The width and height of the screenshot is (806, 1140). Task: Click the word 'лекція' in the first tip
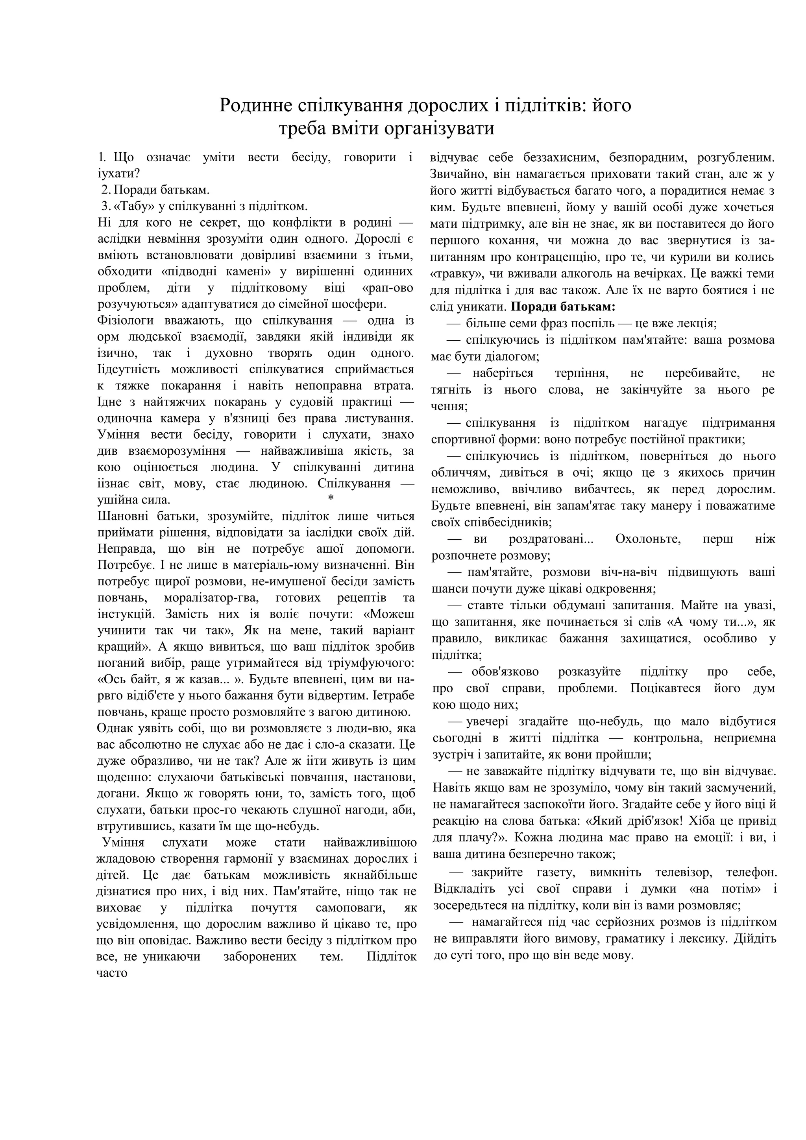698,324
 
